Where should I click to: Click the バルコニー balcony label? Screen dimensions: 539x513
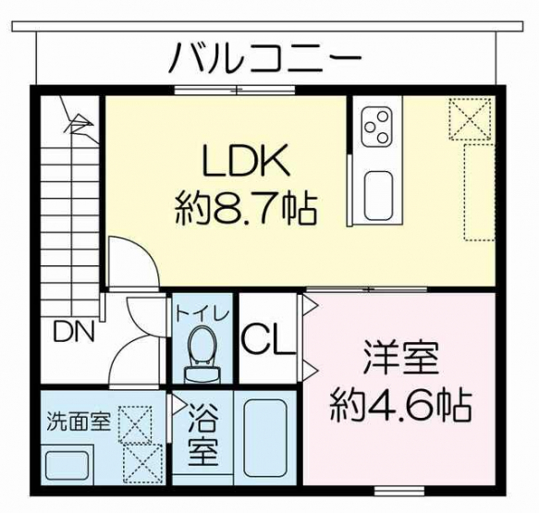[x=265, y=57]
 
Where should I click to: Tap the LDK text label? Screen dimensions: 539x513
[x=245, y=160]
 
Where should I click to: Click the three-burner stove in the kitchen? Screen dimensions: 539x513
[x=376, y=127]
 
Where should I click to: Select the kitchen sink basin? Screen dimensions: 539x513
[x=378, y=196]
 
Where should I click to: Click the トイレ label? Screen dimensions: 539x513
[x=202, y=314]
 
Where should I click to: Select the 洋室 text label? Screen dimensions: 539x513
[x=401, y=357]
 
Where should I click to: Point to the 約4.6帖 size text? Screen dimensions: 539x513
[x=401, y=405]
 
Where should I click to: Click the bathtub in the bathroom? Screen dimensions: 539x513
[x=265, y=437]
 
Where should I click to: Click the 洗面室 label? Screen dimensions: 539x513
[x=79, y=421]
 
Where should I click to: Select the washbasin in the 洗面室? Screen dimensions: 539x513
[x=67, y=463]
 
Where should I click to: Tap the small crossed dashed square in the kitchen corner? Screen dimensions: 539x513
[x=470, y=119]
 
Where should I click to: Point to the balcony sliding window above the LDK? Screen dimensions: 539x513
[x=235, y=90]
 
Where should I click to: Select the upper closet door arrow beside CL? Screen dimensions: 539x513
[x=311, y=305]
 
